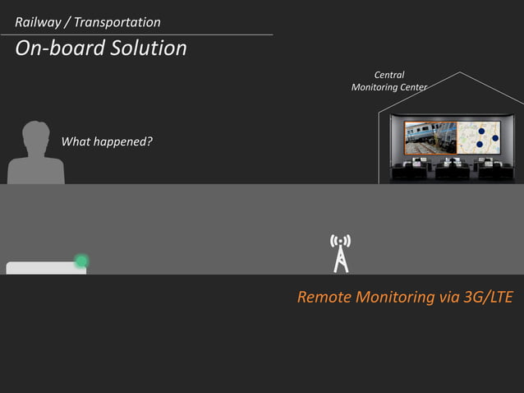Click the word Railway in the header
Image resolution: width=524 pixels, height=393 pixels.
coord(39,22)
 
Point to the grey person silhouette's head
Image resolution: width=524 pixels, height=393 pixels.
coord(35,136)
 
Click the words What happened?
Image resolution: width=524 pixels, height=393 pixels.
coord(107,141)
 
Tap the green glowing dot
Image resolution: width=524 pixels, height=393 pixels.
coord(81,261)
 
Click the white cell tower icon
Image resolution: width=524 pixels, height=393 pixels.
coord(340,252)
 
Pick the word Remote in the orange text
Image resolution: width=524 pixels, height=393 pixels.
coord(324,297)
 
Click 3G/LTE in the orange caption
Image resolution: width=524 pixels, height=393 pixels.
coord(488,297)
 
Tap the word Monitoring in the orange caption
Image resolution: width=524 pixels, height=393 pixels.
coord(406,297)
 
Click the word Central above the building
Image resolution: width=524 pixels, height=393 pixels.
coord(388,75)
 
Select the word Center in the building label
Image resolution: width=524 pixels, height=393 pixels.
coord(411,87)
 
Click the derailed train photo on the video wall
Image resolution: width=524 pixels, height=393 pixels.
coord(430,137)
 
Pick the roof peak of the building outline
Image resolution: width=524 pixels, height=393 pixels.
coord(459,73)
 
